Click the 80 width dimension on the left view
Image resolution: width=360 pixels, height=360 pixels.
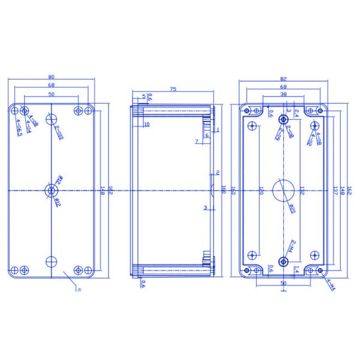pyautogui.click(x=52, y=76)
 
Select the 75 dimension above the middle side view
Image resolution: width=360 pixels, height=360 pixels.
pyautogui.click(x=173, y=89)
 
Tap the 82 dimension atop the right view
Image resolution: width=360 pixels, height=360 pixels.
pyautogui.click(x=283, y=78)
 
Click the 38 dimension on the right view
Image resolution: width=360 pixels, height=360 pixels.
pyautogui.click(x=283, y=95)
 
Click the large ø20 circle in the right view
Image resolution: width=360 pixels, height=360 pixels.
pyautogui.click(x=283, y=190)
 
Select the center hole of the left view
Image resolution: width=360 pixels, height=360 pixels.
pyautogui.click(x=52, y=191)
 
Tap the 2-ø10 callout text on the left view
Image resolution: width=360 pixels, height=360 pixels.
pyautogui.click(x=59, y=133)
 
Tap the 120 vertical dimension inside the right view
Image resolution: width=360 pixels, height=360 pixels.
pyautogui.click(x=261, y=191)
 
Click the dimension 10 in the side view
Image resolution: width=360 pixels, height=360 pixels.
pyautogui.click(x=146, y=124)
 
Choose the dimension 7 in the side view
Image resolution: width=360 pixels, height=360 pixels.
pyautogui.click(x=196, y=141)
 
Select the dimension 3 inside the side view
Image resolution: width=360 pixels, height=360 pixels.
pyautogui.click(x=205, y=208)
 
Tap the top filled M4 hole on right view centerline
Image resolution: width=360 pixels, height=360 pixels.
pyautogui.click(x=283, y=120)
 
